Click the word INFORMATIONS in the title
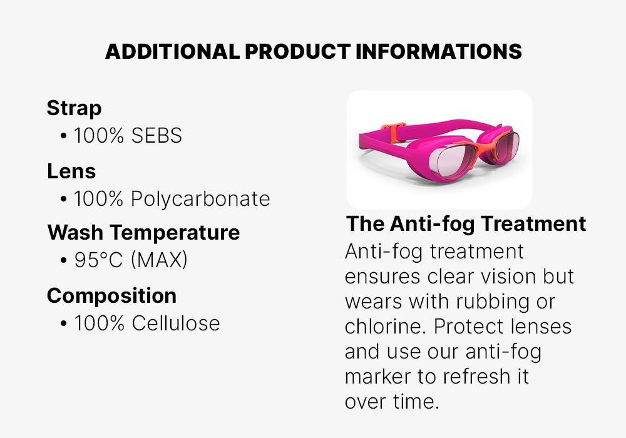[x=438, y=51]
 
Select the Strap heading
[x=74, y=108]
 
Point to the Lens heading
[x=71, y=171]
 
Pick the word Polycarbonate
[x=200, y=199]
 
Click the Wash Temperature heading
[x=143, y=233]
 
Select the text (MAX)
[x=159, y=260]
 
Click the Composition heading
[x=111, y=295]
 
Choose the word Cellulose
[x=176, y=323]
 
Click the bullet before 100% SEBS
[x=64, y=136]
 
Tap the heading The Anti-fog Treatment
[x=466, y=223]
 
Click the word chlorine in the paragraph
[x=382, y=327]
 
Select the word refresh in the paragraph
[x=471, y=377]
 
